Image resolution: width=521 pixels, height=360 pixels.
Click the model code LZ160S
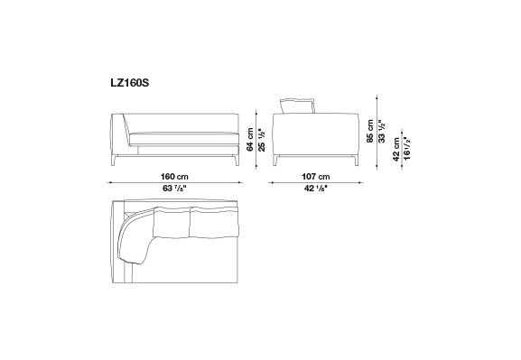(x=130, y=83)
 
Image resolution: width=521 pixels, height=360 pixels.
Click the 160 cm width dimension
(x=174, y=176)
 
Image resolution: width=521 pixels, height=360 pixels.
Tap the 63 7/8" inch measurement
(x=174, y=189)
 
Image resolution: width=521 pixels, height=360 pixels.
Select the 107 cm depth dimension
(x=316, y=176)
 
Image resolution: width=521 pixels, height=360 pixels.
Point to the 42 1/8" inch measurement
(x=316, y=189)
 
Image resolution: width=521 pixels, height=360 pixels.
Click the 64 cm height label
(x=250, y=140)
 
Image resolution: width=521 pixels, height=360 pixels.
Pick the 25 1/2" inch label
(x=262, y=140)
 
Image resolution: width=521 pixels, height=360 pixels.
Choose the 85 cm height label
(x=370, y=131)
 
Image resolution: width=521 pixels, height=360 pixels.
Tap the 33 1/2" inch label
(x=383, y=132)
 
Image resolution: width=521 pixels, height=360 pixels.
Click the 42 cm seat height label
(x=396, y=150)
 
